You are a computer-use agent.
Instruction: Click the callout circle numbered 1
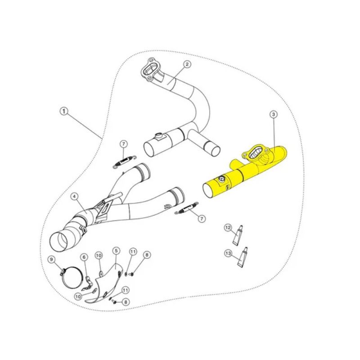(64, 112)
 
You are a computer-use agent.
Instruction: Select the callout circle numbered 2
(187, 64)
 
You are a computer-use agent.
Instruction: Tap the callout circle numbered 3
(274, 114)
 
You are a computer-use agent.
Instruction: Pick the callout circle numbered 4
(74, 197)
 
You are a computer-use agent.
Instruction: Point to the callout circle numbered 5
(116, 251)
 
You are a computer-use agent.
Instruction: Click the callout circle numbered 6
(84, 257)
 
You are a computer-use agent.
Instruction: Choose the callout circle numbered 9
(51, 260)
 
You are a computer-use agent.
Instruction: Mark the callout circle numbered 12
(228, 228)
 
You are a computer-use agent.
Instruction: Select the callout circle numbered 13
(228, 253)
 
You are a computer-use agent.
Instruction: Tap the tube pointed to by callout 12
(238, 235)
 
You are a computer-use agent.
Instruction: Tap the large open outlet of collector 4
(59, 242)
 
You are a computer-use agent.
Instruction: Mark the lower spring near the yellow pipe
(187, 208)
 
